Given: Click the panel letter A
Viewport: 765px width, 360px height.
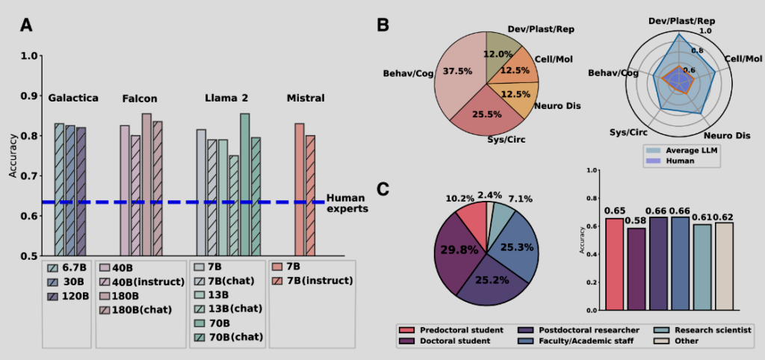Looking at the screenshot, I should coord(26,25).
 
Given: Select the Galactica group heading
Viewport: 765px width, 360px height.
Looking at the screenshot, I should coord(73,99).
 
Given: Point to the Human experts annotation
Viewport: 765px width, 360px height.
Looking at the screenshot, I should coord(347,204).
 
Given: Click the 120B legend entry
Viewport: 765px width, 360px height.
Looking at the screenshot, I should coord(76,296).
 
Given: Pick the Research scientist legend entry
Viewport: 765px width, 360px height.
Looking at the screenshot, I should coord(710,329).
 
